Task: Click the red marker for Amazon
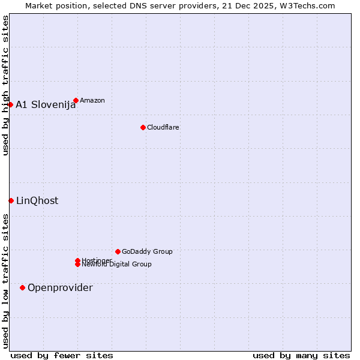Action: (76, 100)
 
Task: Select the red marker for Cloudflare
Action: (143, 127)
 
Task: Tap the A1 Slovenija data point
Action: (10, 104)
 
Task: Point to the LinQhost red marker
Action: (11, 200)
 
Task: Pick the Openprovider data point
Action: (22, 287)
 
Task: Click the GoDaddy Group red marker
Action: (118, 251)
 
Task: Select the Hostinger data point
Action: (77, 260)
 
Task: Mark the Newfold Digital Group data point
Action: (78, 265)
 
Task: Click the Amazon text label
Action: (92, 100)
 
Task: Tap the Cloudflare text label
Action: (163, 127)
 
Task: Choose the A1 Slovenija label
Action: (46, 104)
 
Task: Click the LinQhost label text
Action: (37, 200)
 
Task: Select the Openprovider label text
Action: (60, 287)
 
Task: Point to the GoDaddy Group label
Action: (147, 251)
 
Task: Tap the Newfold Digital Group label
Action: (117, 265)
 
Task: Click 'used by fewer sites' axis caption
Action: (62, 355)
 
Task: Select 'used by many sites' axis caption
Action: (301, 355)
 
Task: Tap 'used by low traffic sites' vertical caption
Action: (5, 281)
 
